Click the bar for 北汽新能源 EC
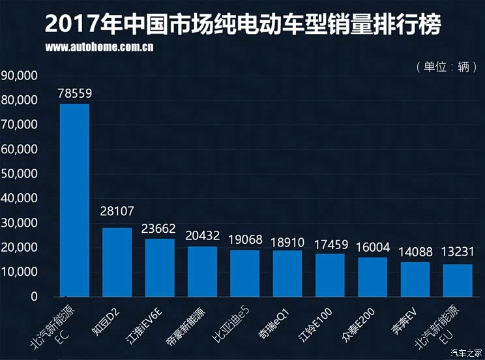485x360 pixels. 74,200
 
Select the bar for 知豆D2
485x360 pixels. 117,262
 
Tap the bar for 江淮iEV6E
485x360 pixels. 159,267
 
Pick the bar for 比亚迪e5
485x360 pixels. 244,273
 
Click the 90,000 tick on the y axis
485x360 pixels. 20,76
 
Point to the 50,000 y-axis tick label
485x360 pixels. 20,174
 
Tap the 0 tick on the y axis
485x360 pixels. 34,297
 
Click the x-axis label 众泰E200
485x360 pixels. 357,324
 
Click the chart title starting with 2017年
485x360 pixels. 242,25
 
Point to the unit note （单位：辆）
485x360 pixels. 441,67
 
